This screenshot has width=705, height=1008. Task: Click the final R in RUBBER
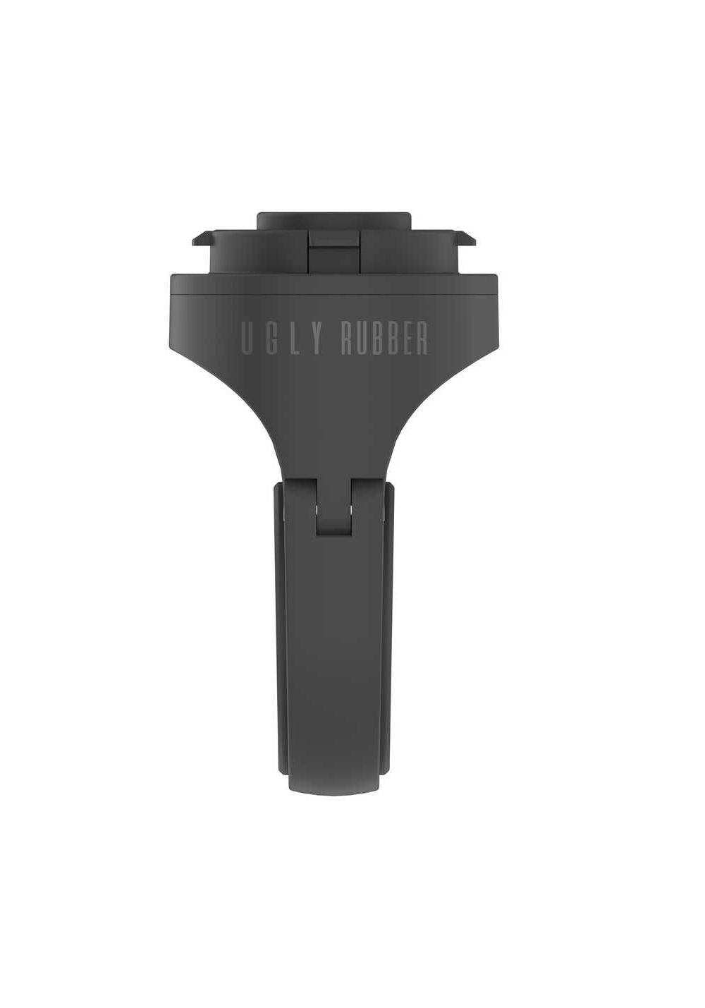point(422,337)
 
